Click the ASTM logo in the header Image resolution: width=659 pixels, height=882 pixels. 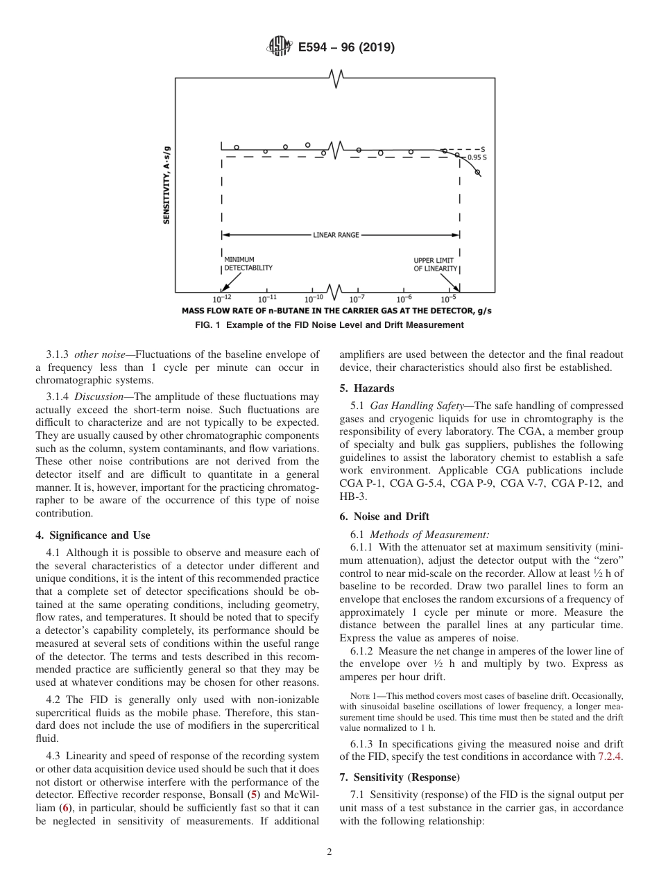click(x=280, y=48)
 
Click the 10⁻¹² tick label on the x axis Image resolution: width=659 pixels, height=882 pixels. click(x=222, y=298)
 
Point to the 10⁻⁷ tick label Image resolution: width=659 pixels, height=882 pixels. click(x=357, y=298)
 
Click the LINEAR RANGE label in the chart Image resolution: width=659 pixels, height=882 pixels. click(x=336, y=235)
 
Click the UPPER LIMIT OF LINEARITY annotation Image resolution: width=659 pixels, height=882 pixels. click(x=436, y=264)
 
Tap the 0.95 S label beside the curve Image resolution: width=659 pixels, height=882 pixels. click(x=477, y=158)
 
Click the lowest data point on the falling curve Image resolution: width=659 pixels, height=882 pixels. click(x=477, y=172)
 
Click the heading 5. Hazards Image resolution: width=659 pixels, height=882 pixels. click(x=366, y=388)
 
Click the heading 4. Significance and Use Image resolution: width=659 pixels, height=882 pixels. click(x=93, y=535)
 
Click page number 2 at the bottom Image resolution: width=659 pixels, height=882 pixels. click(x=329, y=852)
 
